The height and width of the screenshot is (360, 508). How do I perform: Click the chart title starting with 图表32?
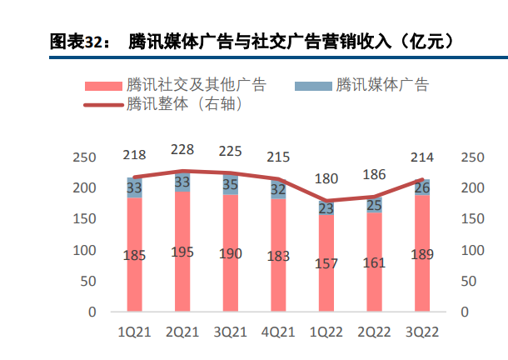click(254, 41)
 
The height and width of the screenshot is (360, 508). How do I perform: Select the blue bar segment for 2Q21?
click(182, 182)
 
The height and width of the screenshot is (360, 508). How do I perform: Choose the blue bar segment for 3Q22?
click(421, 187)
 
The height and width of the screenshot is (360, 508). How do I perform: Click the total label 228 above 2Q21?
click(182, 150)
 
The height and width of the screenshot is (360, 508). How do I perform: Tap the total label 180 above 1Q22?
click(326, 178)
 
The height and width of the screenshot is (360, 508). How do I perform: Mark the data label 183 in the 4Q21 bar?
click(277, 257)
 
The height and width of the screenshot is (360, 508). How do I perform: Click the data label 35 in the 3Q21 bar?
click(231, 184)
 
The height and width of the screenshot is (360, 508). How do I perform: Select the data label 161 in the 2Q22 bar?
click(373, 263)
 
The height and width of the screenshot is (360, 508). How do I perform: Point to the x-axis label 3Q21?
click(230, 332)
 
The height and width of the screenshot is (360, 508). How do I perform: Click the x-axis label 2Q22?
click(373, 332)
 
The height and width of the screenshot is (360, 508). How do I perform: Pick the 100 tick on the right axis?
click(471, 250)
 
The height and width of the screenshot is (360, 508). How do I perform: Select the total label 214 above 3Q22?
click(421, 157)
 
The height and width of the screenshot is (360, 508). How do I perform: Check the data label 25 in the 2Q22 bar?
click(374, 205)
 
